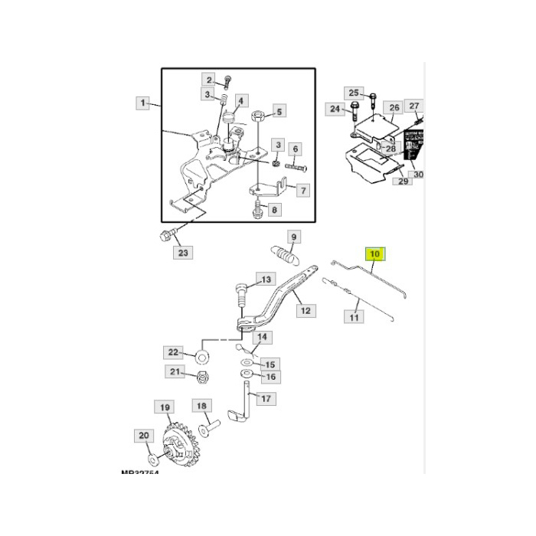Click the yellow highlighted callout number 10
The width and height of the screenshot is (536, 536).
[374, 253]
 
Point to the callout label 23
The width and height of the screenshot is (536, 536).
[182, 252]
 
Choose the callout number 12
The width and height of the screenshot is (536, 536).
[306, 311]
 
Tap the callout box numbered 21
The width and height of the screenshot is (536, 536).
[176, 372]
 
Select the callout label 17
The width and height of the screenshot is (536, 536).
[266, 399]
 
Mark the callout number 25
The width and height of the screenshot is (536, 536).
[351, 92]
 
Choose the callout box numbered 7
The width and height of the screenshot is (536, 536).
[302, 190]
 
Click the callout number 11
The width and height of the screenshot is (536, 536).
[355, 315]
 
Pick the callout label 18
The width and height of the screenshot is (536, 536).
[201, 406]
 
